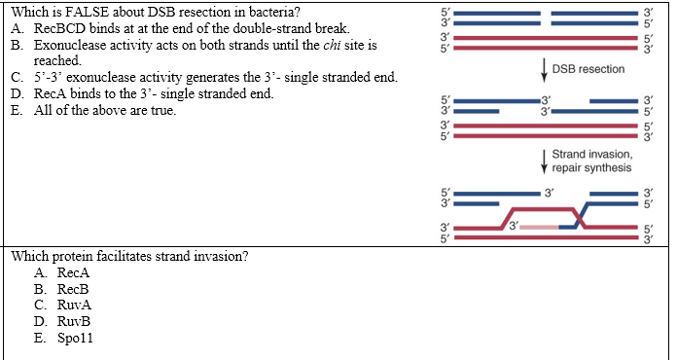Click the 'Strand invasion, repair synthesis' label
click(x=591, y=161)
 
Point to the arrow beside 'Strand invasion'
click(x=541, y=161)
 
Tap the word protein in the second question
click(x=76, y=257)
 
